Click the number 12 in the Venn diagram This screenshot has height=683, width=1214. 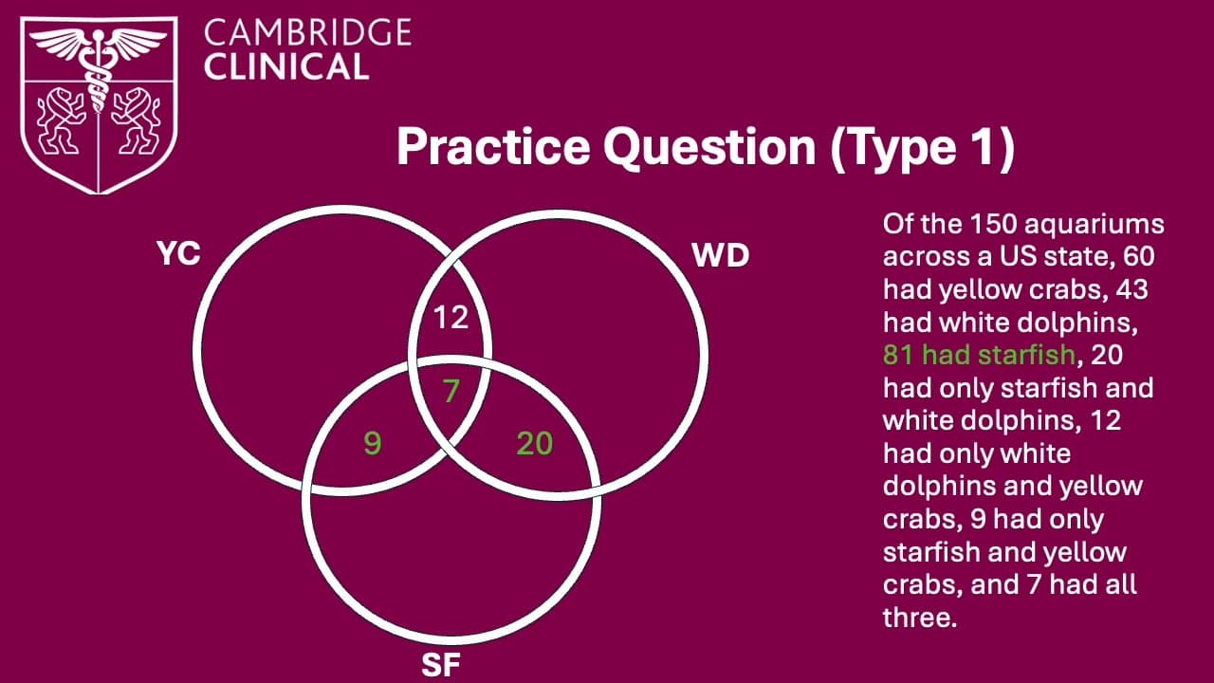(451, 317)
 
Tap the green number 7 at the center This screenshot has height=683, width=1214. (451, 391)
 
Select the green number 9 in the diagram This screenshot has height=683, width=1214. (373, 442)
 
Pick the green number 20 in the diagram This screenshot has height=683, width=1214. (534, 442)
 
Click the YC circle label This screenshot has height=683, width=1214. (178, 254)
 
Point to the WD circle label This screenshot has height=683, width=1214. (722, 256)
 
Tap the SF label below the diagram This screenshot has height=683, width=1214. (440, 665)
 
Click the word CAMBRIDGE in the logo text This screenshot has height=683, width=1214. (308, 34)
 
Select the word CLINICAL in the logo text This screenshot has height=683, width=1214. (285, 66)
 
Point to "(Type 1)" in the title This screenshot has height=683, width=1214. (922, 148)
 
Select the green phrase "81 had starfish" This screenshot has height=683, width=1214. (980, 355)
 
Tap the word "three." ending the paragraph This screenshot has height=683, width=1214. (917, 617)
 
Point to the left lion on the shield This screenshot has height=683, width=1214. (60, 122)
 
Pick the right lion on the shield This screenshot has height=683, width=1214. (135, 122)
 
